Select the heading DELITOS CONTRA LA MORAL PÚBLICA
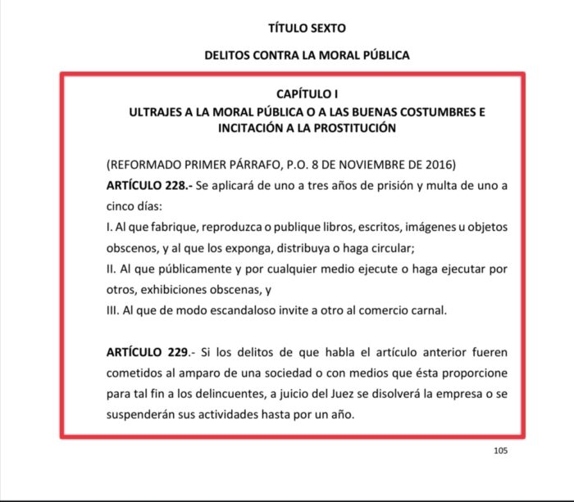coord(307,56)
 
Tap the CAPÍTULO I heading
coord(307,96)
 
